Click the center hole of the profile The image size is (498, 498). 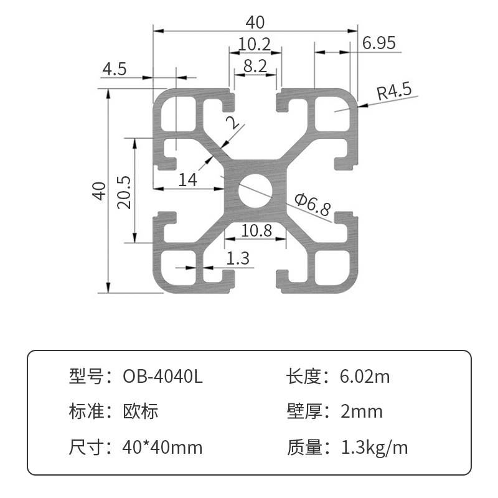click(255, 190)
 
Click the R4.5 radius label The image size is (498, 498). click(395, 92)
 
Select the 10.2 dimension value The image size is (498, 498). click(255, 44)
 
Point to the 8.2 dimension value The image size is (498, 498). click(255, 66)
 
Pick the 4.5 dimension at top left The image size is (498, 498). click(115, 68)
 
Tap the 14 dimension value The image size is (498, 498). click(187, 180)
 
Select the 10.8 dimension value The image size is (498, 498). click(256, 231)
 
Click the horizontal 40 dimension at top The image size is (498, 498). click(255, 22)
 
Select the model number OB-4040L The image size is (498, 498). click(162, 377)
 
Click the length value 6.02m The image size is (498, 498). click(365, 377)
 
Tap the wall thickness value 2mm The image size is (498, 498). click(361, 411)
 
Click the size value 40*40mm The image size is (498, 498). click(162, 447)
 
